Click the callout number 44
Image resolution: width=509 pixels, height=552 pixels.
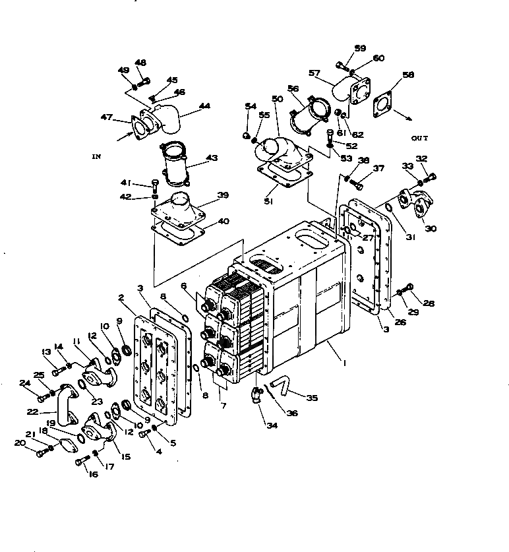[x=205, y=106]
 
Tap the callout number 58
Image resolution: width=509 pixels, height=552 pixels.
[x=409, y=75]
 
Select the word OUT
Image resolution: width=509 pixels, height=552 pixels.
[x=419, y=138]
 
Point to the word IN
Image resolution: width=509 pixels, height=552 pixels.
[x=96, y=156]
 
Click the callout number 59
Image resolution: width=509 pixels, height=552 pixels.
[x=360, y=48]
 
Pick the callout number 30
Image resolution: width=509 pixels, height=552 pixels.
[x=430, y=228]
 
